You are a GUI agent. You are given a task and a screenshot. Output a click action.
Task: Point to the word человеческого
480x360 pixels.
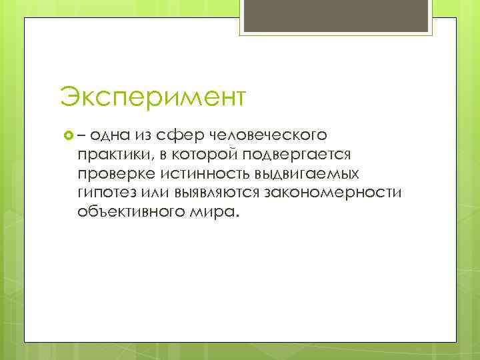(268, 135)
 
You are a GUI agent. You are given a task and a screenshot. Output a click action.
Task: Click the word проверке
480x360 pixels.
(115, 174)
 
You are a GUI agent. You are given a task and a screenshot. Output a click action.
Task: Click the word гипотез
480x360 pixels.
(103, 193)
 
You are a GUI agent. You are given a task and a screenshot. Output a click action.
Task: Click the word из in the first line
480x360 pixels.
(144, 135)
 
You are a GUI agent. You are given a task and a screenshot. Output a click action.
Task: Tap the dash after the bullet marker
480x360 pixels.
(81, 135)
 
